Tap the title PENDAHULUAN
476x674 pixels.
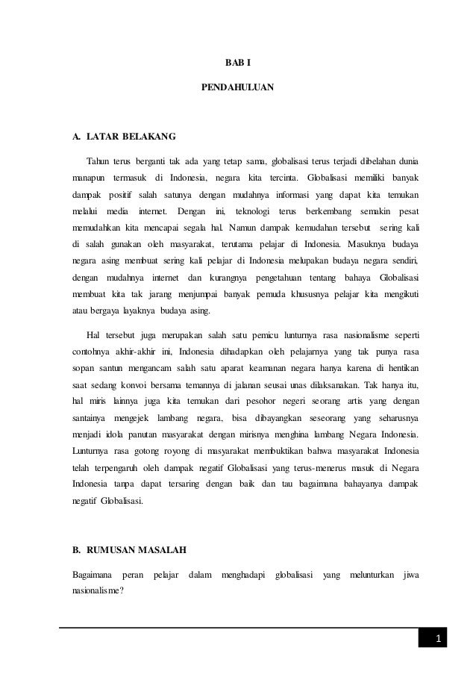[x=237, y=88]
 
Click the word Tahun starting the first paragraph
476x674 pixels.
[x=100, y=160]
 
